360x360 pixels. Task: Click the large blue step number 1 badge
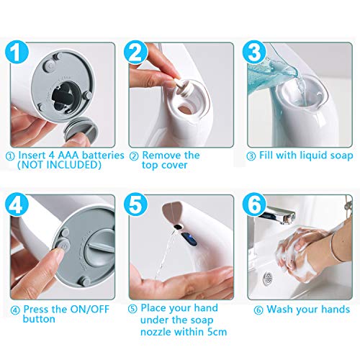click(x=17, y=52)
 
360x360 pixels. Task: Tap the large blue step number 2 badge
click(x=135, y=52)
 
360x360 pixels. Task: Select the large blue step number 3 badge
click(x=254, y=52)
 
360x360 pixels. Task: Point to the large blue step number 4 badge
click(x=17, y=204)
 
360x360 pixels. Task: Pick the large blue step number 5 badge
click(x=135, y=204)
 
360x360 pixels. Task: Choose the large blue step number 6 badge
click(x=254, y=204)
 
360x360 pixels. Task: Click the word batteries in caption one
click(x=103, y=156)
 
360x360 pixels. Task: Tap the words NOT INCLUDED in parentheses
click(x=59, y=165)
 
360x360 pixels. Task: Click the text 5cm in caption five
click(x=217, y=332)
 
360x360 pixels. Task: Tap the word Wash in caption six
click(x=282, y=309)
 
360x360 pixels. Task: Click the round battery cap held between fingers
click(x=81, y=130)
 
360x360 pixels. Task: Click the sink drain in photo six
click(x=268, y=279)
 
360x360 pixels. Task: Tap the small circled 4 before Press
click(x=15, y=310)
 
